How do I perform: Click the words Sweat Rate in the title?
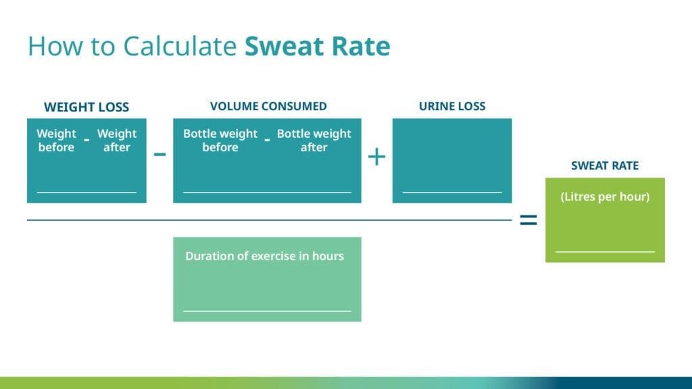[318, 47]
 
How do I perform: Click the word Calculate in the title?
[180, 47]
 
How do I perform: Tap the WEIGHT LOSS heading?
[86, 107]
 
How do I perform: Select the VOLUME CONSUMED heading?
[268, 106]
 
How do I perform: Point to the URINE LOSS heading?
[452, 106]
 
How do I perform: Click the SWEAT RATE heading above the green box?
[605, 166]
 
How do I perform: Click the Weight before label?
[57, 140]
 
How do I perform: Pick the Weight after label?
[117, 140]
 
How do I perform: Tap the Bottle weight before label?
[220, 140]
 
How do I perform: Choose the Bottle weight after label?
[314, 140]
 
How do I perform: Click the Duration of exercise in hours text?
[264, 256]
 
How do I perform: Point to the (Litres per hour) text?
[605, 197]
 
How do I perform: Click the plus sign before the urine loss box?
[376, 157]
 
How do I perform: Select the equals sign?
[528, 219]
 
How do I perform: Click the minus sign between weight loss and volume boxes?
[159, 155]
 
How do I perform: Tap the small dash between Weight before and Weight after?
[86, 140]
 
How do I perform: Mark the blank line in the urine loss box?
[452, 192]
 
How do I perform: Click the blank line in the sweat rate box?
[605, 252]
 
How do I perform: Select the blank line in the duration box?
[267, 311]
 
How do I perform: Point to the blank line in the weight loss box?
[86, 192]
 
